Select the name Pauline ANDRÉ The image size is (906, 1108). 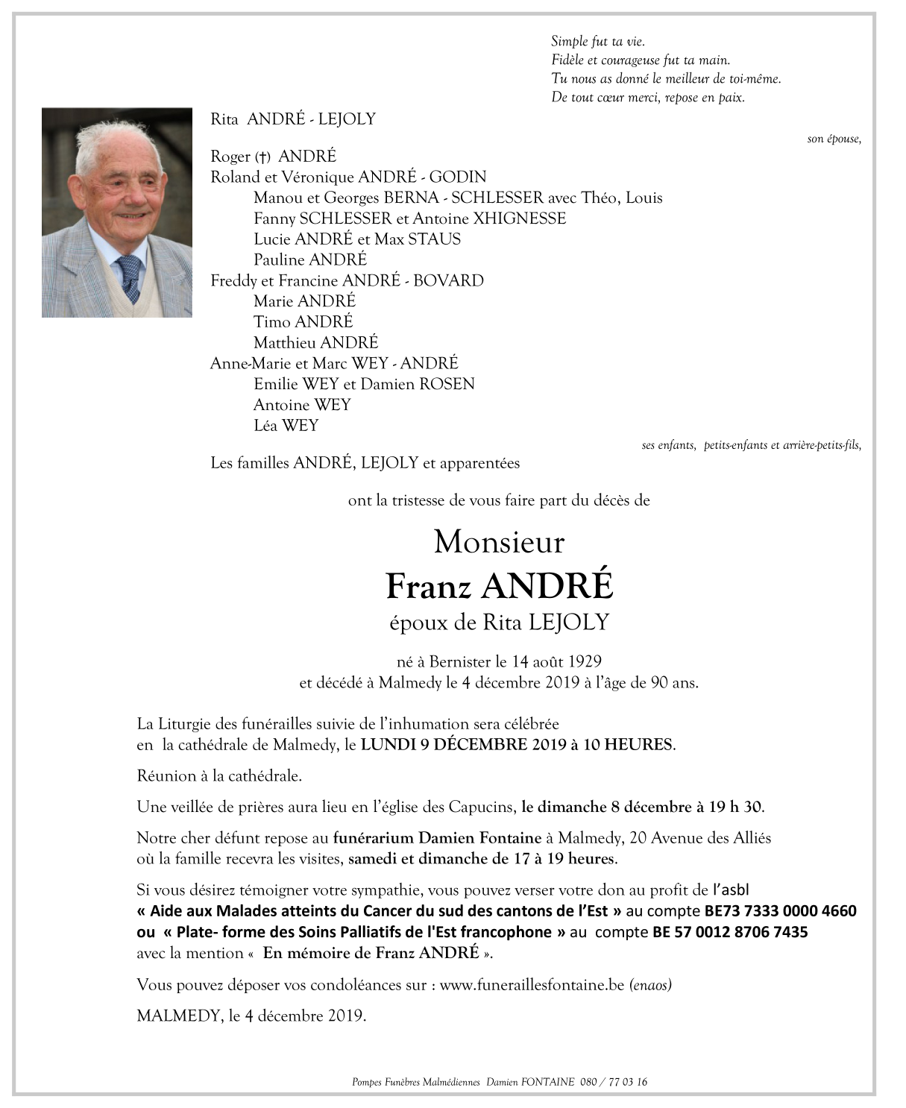[309, 260]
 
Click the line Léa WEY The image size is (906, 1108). [286, 426]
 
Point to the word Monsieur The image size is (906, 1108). [499, 542]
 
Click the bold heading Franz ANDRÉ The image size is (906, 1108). [499, 586]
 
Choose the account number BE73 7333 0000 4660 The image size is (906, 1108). [780, 911]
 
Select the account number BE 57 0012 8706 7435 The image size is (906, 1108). [729, 932]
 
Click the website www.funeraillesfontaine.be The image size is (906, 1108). [531, 985]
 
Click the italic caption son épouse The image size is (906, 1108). [834, 139]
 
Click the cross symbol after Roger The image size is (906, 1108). [262, 157]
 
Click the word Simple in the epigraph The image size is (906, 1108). [569, 42]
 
